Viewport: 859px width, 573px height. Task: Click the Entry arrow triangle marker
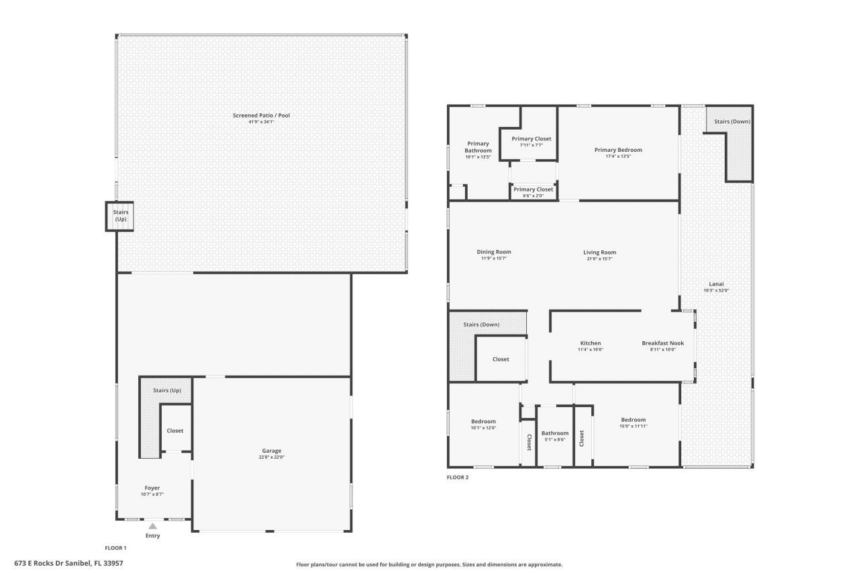click(153, 527)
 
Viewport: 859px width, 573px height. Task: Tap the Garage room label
click(272, 451)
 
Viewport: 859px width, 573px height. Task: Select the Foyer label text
click(152, 488)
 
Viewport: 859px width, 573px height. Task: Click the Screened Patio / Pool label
click(261, 116)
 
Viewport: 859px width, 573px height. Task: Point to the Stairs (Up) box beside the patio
click(120, 216)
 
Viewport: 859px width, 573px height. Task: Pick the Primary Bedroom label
click(618, 150)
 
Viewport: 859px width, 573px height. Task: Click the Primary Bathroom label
click(478, 147)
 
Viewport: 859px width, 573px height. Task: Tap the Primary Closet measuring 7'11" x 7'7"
click(531, 138)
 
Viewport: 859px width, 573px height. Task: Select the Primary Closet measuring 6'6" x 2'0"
click(534, 189)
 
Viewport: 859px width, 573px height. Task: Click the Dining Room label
click(495, 252)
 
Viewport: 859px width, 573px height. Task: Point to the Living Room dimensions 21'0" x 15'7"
click(599, 259)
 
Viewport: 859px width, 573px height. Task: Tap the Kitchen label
click(591, 343)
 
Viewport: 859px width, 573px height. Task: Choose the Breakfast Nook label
click(662, 343)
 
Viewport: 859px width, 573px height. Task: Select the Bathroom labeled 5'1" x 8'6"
click(555, 433)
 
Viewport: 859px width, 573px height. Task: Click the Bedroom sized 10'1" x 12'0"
click(483, 421)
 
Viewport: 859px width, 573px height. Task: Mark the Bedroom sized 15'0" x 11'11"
click(633, 420)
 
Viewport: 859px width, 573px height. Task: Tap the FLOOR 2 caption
click(458, 478)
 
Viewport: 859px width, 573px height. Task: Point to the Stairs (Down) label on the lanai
click(731, 122)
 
